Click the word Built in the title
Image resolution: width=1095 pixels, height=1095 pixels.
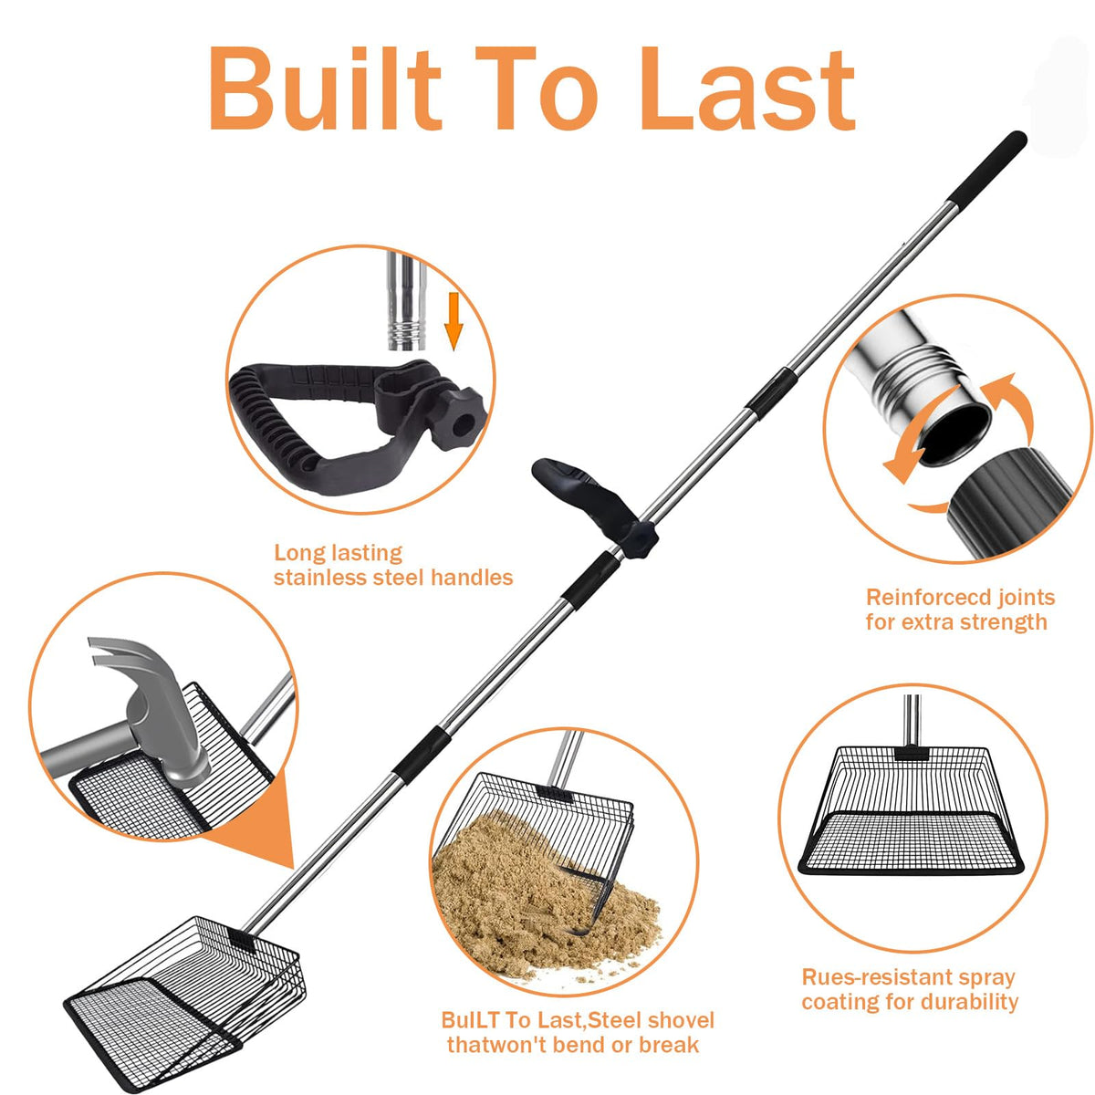pos(325,89)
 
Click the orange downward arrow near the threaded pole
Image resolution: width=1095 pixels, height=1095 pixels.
pos(453,320)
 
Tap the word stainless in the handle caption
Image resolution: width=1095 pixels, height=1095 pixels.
pos(320,578)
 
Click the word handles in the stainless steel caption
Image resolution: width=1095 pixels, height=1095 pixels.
pos(472,578)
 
